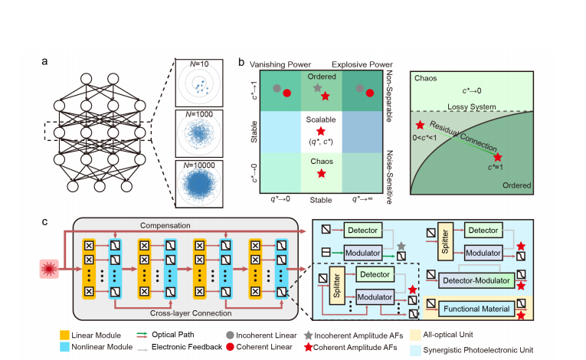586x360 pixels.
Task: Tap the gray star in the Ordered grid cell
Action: coord(317,88)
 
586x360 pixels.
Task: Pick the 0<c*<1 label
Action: coord(434,138)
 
